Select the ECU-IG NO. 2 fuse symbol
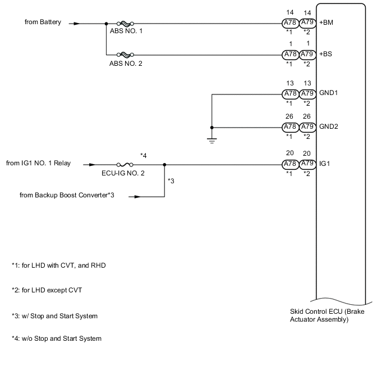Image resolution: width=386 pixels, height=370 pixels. click(126, 165)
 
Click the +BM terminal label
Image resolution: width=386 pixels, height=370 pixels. click(325, 24)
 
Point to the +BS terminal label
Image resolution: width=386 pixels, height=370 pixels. click(325, 55)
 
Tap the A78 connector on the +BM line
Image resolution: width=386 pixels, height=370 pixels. click(290, 24)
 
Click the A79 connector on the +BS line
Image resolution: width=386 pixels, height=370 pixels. click(307, 55)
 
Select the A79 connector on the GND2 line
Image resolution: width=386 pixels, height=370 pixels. click(307, 127)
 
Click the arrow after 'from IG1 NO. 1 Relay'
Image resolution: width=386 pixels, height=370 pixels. click(91, 165)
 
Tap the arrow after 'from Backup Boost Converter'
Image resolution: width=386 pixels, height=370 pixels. click(136, 197)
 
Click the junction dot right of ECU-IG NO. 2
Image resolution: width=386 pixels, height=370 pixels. click(164, 165)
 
